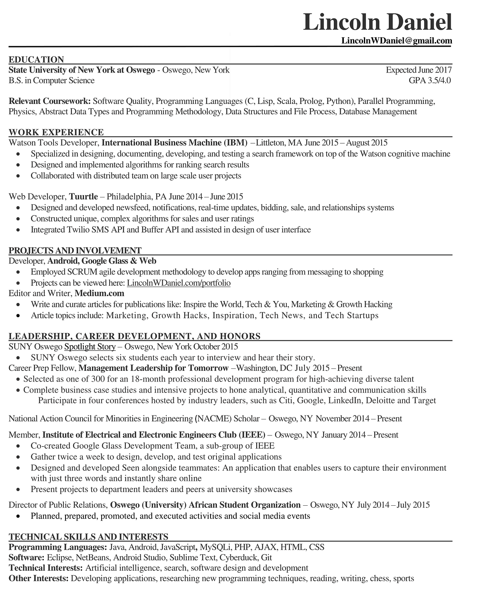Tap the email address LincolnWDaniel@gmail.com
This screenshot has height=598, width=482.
[x=396, y=41]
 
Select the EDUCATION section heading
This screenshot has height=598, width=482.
[x=36, y=59]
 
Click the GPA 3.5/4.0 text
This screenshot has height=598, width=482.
[x=429, y=80]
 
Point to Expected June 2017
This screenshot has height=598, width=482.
[x=419, y=70]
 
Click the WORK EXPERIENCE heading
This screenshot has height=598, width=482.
[x=56, y=132]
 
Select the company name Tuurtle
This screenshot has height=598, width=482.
[x=84, y=196]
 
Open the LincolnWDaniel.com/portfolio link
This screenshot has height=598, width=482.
[x=179, y=283]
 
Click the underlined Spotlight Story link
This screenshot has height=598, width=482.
[x=90, y=346]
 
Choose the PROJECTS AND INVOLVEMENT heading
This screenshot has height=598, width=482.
[x=75, y=250]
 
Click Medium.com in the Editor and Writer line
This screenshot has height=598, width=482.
[x=100, y=293]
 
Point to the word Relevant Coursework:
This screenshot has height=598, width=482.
[x=50, y=101]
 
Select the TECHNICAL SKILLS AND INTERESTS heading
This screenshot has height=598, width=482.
[x=88, y=537]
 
